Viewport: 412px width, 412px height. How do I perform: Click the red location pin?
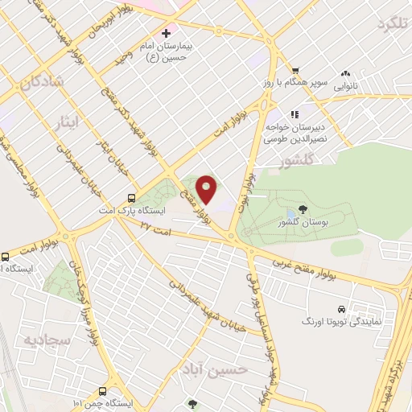tap(208, 189)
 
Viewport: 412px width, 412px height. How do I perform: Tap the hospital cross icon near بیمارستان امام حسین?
tap(166, 34)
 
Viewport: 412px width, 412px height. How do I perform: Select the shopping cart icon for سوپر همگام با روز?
tap(296, 70)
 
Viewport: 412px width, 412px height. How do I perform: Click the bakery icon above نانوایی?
tap(347, 71)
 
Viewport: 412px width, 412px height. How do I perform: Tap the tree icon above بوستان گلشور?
tap(290, 207)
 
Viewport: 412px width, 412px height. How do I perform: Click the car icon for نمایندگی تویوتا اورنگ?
tap(341, 308)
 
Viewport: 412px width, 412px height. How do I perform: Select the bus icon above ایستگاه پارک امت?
tap(130, 198)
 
